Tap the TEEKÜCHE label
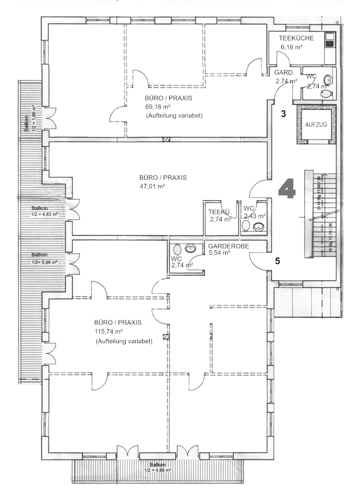(296, 39)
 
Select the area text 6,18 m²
(291, 47)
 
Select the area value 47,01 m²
(153, 186)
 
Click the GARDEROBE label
(229, 246)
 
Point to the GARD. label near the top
(284, 73)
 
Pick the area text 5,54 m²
(219, 252)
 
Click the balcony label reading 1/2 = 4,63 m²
(44, 215)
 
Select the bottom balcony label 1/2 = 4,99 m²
(158, 470)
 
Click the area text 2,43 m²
(255, 216)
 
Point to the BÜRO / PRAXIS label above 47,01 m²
(163, 178)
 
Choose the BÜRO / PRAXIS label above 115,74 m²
(118, 322)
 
